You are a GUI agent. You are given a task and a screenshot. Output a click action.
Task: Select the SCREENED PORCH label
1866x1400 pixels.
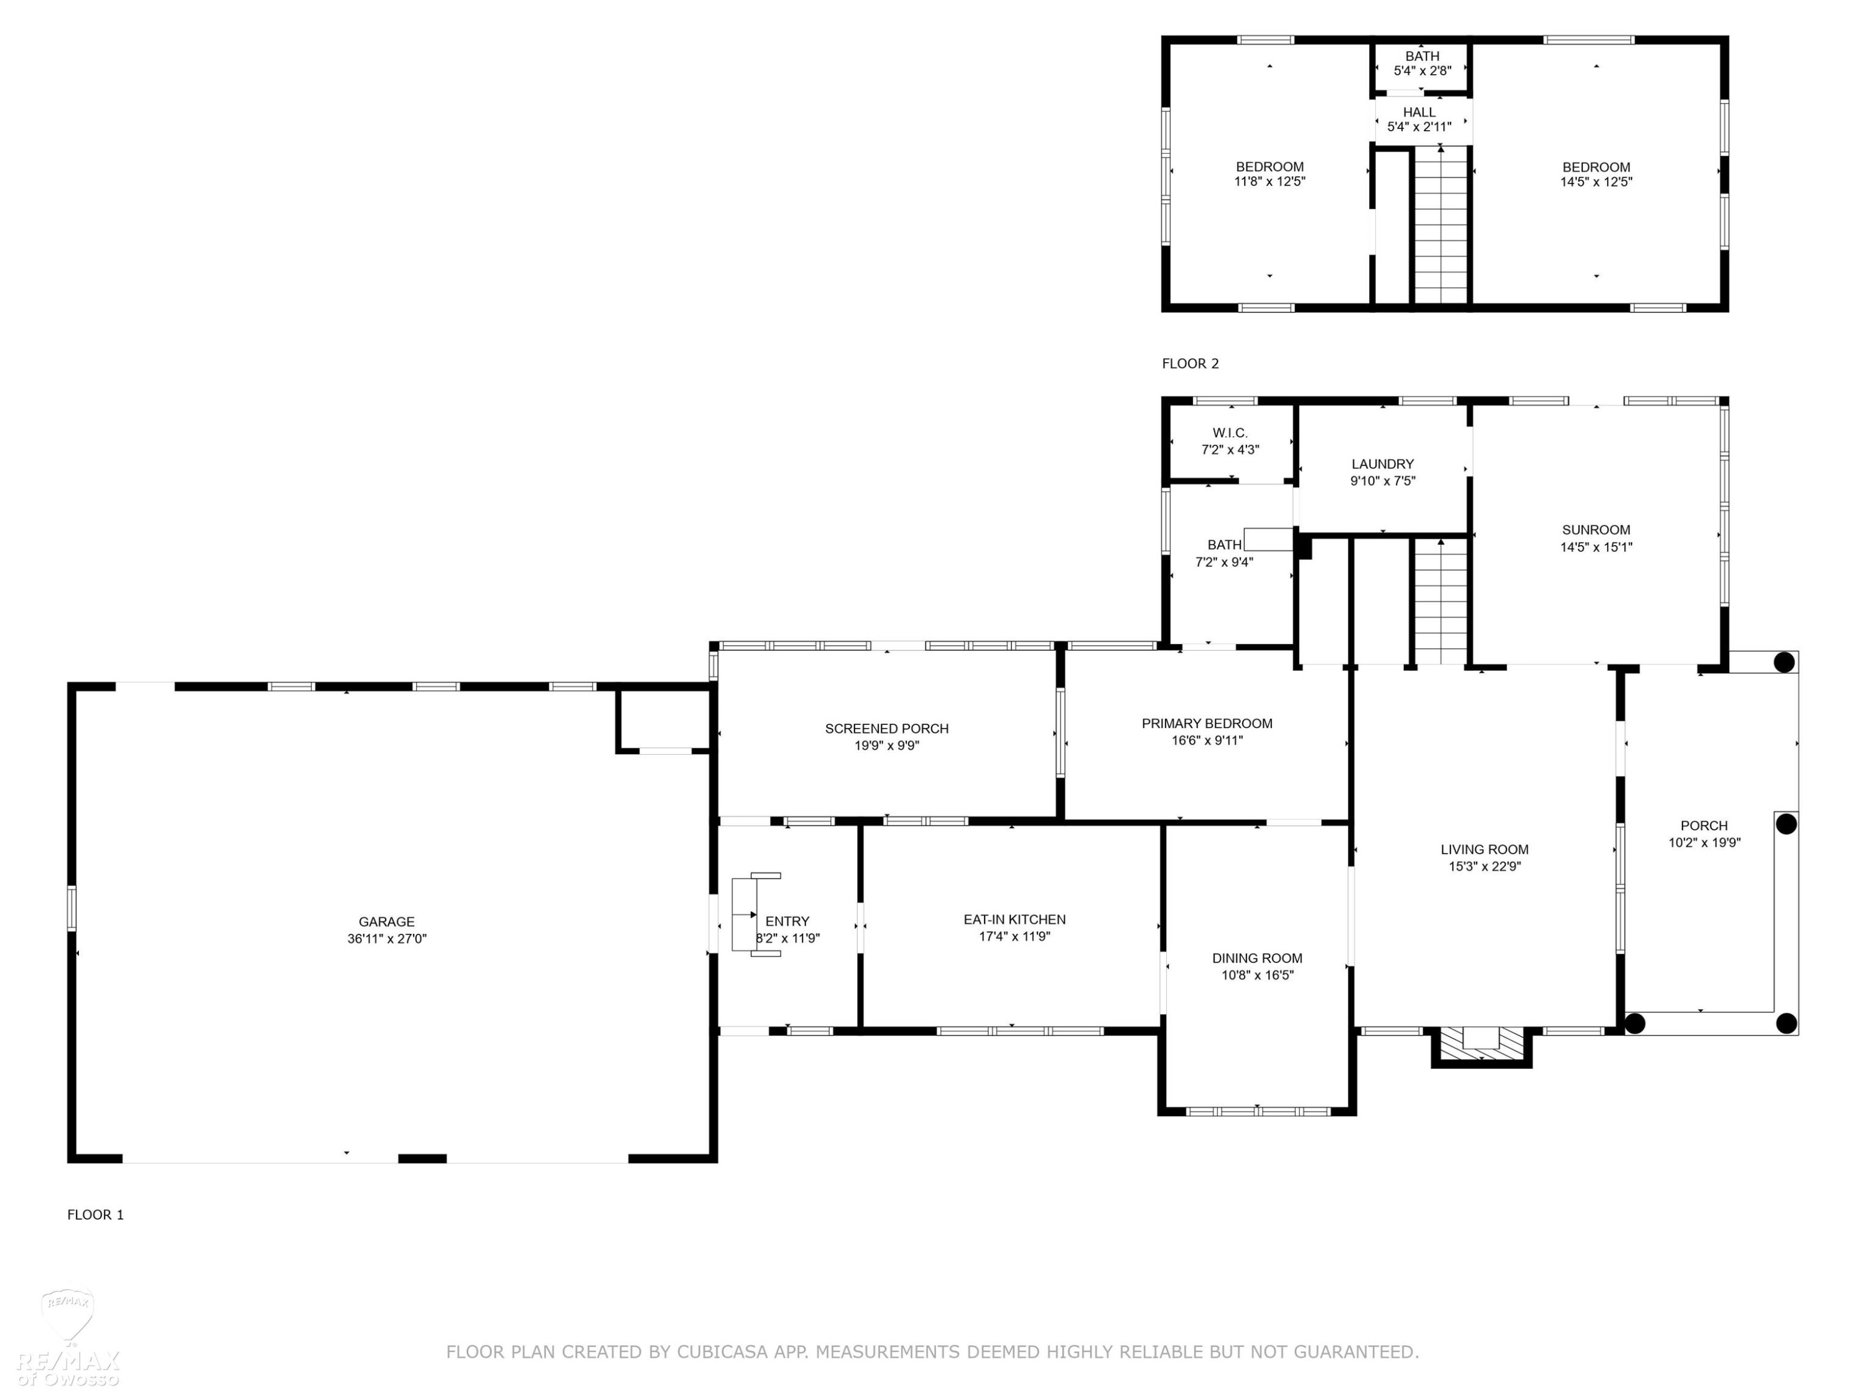[x=886, y=728]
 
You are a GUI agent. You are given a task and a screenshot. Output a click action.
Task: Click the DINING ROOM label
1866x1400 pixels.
[x=1257, y=958]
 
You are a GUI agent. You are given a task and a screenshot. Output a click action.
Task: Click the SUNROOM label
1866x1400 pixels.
[x=1595, y=530]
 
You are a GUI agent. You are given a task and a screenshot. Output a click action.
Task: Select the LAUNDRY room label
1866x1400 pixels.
[x=1382, y=464]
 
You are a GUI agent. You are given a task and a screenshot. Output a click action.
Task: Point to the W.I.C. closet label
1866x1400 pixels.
[x=1230, y=433]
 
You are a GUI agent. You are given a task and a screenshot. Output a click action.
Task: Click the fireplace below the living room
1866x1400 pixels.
[x=1482, y=1047]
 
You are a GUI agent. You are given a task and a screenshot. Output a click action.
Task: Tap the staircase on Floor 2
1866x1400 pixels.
[x=1441, y=226]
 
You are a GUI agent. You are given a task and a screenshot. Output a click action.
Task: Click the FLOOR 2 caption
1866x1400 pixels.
[x=1191, y=364]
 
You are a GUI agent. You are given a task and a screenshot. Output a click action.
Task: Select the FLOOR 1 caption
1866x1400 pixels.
[x=95, y=1215]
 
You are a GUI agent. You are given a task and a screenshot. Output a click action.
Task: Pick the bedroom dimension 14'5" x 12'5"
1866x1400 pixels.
[x=1596, y=182]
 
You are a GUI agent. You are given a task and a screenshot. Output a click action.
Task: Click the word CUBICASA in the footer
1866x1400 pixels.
[x=722, y=1352]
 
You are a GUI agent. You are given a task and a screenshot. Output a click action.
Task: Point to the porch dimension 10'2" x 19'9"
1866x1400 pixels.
[x=1704, y=842]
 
